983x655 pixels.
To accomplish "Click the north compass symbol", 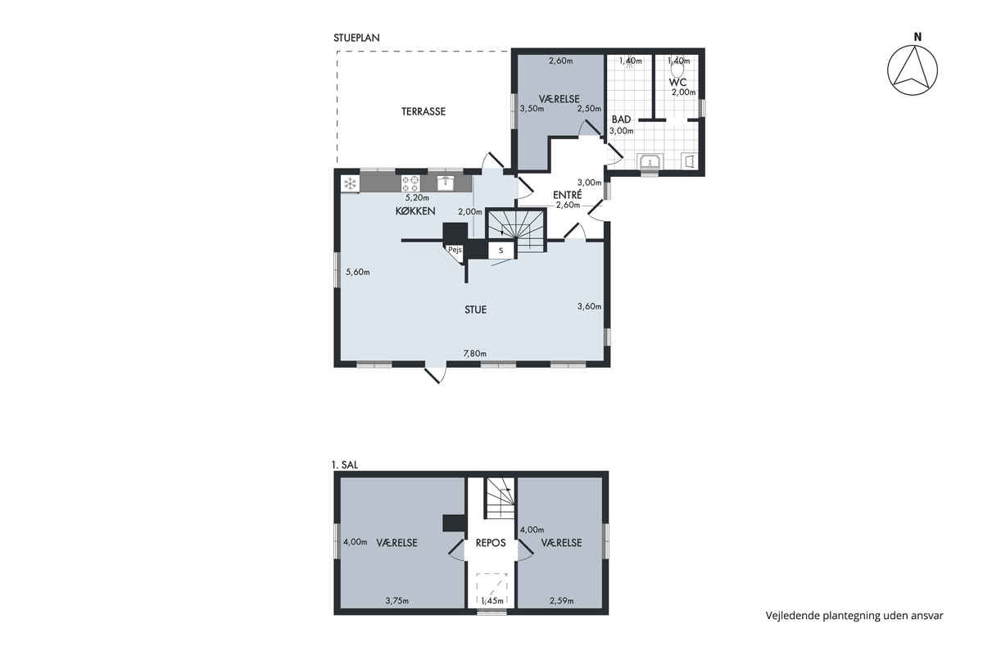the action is point(913,70).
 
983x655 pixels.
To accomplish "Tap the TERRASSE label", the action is point(423,111).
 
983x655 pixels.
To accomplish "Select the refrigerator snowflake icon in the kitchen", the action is point(351,184).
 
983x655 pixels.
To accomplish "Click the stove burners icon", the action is point(410,184).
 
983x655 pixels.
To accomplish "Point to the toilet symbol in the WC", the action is point(678,69).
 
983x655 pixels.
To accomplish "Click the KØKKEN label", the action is point(415,211).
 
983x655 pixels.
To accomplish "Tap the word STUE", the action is point(475,309).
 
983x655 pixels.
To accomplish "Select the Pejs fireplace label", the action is point(455,250).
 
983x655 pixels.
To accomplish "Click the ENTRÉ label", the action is point(568,195).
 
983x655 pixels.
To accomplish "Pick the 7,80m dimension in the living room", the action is point(475,353).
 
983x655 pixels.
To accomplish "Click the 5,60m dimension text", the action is point(358,272).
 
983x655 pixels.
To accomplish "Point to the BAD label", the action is point(621,120).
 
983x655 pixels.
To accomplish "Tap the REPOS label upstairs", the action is point(491,543).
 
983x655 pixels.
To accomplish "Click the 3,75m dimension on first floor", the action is point(397,601).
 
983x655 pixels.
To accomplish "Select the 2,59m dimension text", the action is point(561,601).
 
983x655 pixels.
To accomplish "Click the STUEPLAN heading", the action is point(356,38).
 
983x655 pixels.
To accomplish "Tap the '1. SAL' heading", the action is point(346,465).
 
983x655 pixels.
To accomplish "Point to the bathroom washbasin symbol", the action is point(650,161).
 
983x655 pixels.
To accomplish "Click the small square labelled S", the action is point(501,251).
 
